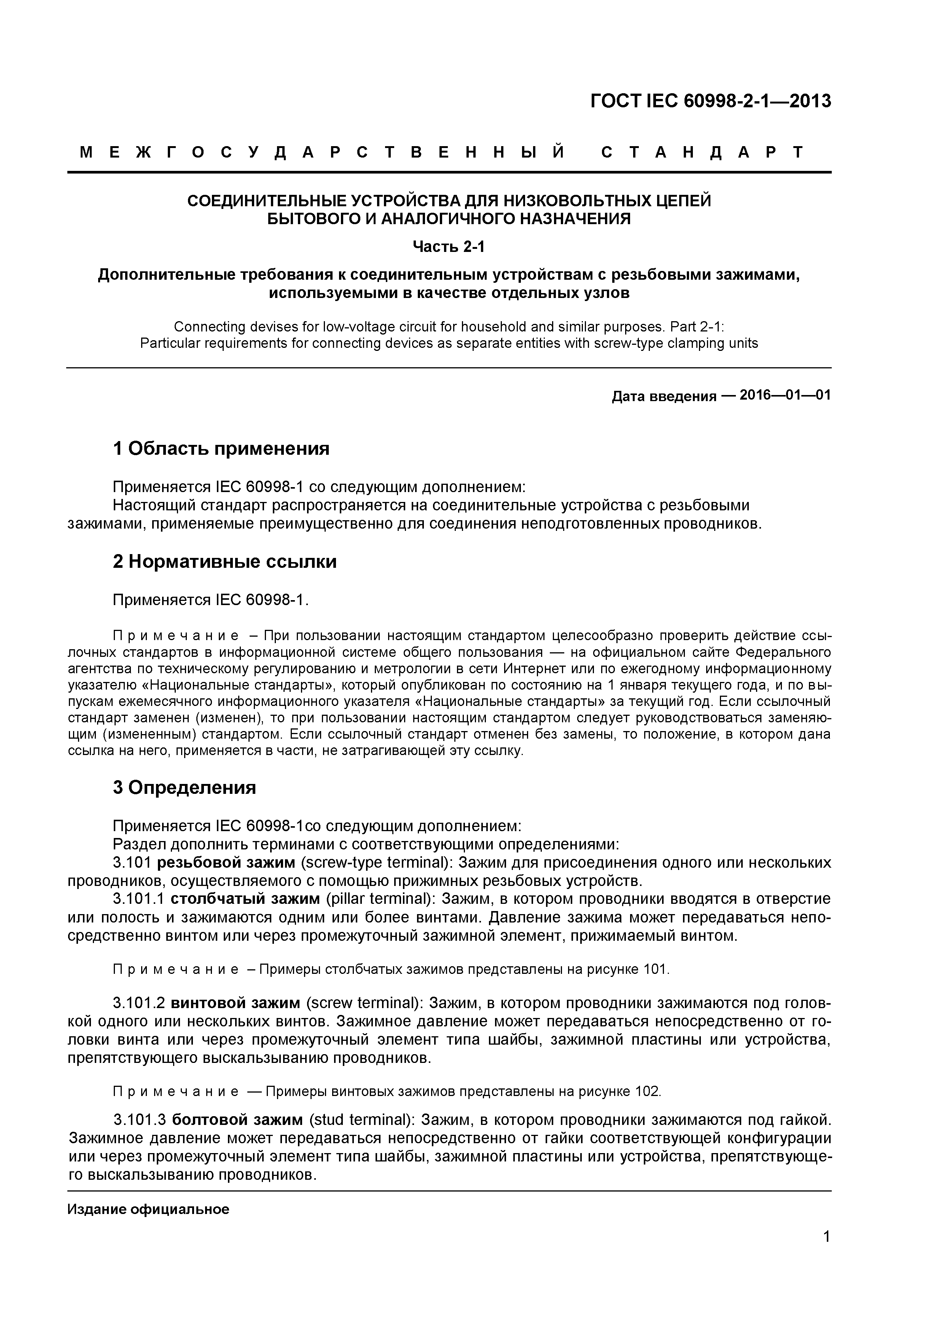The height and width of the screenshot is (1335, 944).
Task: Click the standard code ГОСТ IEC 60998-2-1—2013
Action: [x=710, y=101]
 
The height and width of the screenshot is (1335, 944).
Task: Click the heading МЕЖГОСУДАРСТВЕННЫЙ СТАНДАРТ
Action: [x=442, y=153]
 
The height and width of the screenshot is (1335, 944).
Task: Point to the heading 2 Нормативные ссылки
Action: [x=224, y=562]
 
